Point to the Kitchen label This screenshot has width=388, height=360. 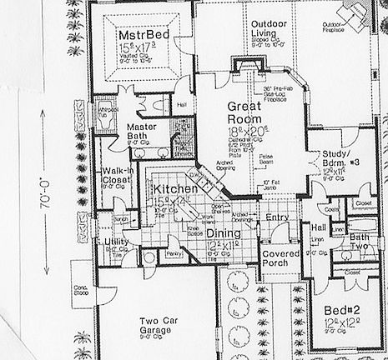[x=174, y=190]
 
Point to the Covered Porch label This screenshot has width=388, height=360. [x=275, y=262]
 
